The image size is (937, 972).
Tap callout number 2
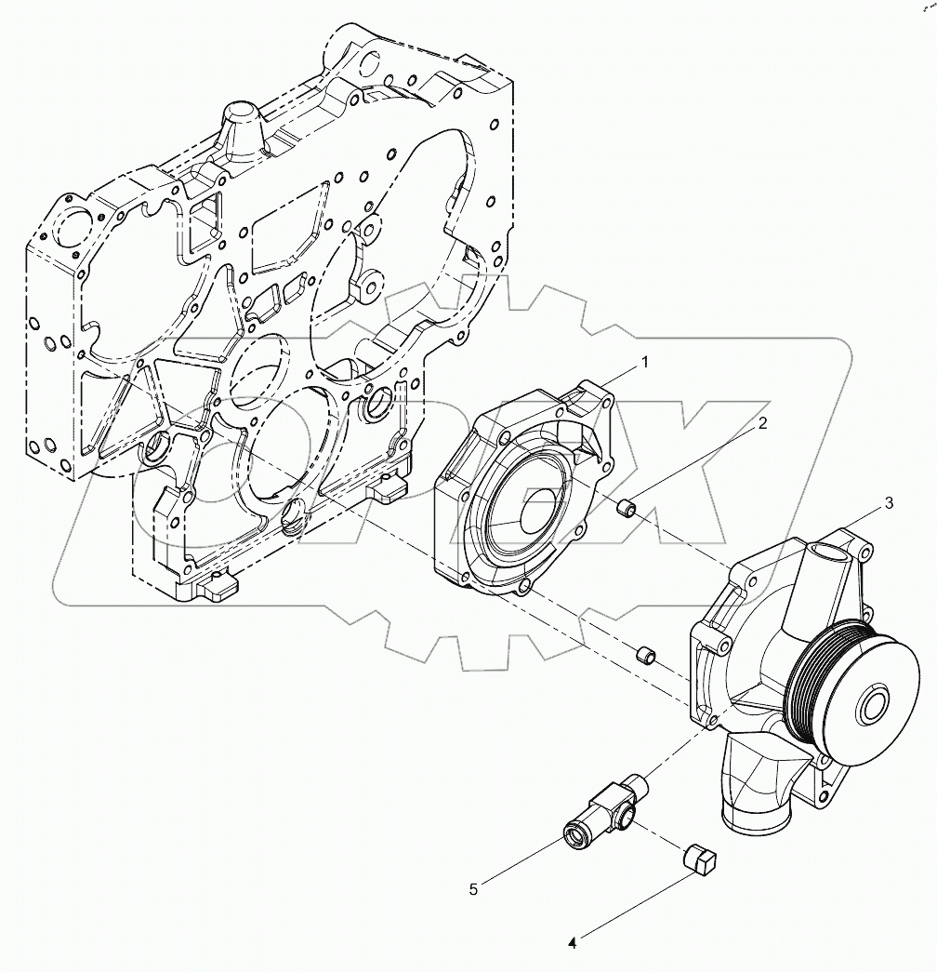(761, 424)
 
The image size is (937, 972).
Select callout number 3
(889, 503)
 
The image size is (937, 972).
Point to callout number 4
(573, 942)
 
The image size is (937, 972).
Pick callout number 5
(473, 890)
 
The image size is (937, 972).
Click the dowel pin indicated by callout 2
(627, 508)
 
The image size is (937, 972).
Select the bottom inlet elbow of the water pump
(755, 791)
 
